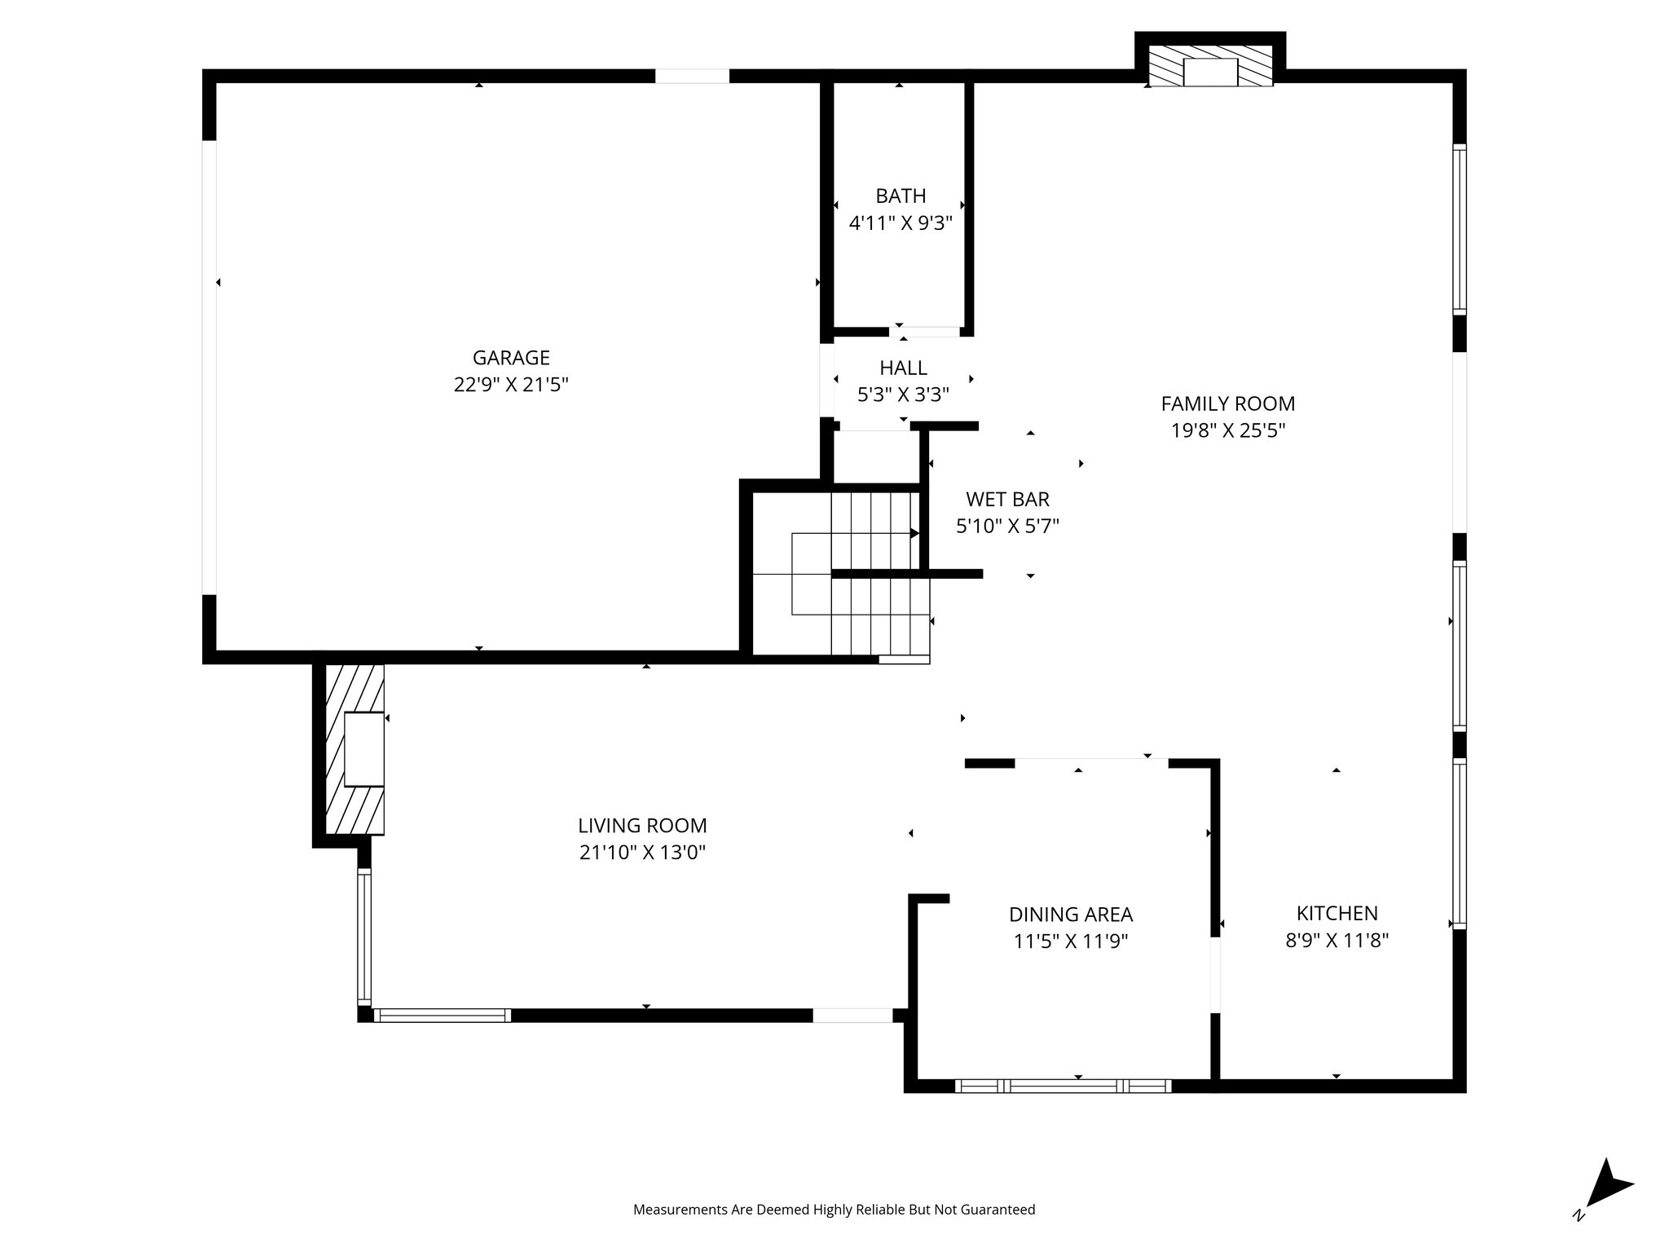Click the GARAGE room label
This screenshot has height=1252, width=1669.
[x=511, y=358]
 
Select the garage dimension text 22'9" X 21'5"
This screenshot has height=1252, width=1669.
[x=511, y=385]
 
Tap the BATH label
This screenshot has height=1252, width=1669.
[x=901, y=196]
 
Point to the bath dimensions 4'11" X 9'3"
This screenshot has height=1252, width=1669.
[x=901, y=223]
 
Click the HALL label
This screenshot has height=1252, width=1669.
[x=903, y=368]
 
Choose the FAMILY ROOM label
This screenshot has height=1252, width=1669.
[x=1227, y=403]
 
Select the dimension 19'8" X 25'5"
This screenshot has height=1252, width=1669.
[x=1227, y=430]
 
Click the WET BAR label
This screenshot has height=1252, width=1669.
[x=1007, y=499]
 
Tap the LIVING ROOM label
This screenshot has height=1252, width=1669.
[x=642, y=826]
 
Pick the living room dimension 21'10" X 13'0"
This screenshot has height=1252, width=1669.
[x=642, y=853]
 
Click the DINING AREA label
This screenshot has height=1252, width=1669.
[x=1070, y=915]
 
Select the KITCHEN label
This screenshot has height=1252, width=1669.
[x=1337, y=913]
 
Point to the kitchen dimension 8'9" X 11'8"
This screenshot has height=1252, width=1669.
[x=1337, y=941]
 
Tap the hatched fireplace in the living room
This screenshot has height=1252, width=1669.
[x=355, y=749]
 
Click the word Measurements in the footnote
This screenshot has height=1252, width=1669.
[x=680, y=1210]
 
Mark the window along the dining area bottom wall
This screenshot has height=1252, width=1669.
[x=1063, y=1086]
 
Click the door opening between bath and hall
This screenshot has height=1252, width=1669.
[x=924, y=332]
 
